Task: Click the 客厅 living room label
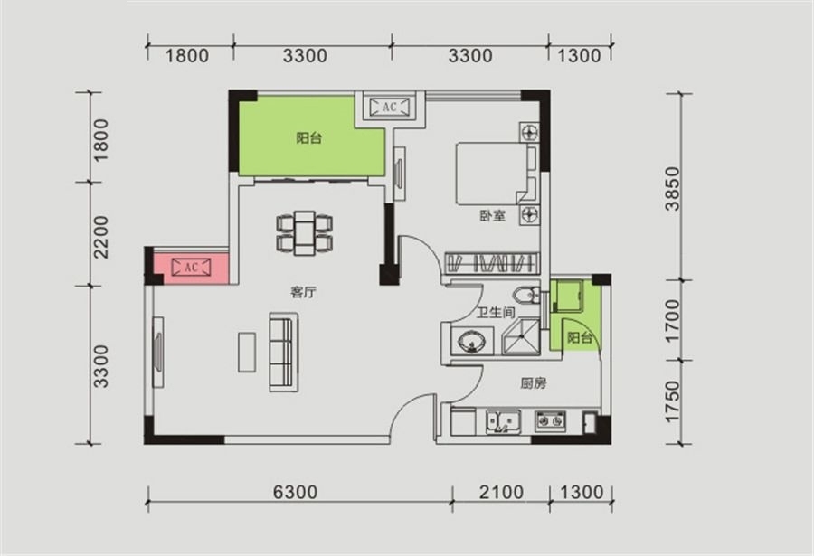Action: click(303, 292)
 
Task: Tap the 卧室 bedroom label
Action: click(492, 215)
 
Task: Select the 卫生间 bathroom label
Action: click(496, 313)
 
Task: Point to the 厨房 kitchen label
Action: click(533, 383)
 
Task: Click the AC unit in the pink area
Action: click(191, 267)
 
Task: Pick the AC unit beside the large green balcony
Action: click(389, 107)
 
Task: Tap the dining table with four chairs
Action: click(305, 233)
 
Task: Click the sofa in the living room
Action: click(283, 352)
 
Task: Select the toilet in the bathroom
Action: click(526, 296)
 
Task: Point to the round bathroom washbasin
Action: click(472, 342)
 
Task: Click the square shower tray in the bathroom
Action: click(521, 336)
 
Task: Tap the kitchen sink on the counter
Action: click(503, 421)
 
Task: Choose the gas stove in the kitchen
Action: click(550, 420)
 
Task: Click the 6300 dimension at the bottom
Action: click(295, 492)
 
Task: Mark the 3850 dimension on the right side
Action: click(673, 188)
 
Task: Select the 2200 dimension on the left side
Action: click(100, 237)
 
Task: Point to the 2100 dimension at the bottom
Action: click(501, 492)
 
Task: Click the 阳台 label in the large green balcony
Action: click(309, 138)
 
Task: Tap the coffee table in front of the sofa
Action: click(247, 352)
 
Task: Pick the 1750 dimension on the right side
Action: click(672, 401)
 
